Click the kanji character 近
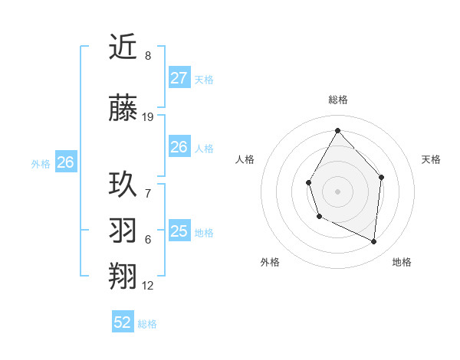coord(123,48)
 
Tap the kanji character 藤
coord(123,107)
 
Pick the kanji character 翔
coord(123,277)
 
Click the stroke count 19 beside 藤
coord(148,117)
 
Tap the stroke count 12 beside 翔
coord(148,286)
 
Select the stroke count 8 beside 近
coord(148,56)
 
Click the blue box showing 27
coord(179,78)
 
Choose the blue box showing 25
coord(179,231)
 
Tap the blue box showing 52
coord(123,322)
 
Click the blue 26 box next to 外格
coord(65,162)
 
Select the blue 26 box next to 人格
coord(179,147)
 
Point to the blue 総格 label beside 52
coord(147,324)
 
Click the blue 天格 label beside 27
coord(203,80)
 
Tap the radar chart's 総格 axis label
coord(337,100)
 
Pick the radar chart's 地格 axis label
coord(402,262)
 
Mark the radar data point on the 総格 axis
coord(337,129)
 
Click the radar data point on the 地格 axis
coord(374,241)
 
